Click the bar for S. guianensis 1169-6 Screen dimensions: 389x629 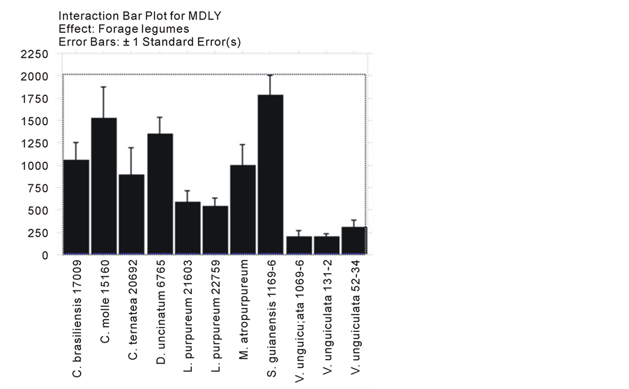(x=271, y=175)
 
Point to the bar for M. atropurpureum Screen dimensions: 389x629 (x=243, y=210)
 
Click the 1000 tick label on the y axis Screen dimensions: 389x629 (x=34, y=166)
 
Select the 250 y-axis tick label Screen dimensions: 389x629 (x=38, y=233)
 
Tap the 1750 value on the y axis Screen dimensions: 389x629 (x=34, y=98)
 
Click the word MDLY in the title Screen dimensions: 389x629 (x=174, y=15)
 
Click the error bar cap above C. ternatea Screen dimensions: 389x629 (x=132, y=148)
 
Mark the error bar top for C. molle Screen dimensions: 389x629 (x=104, y=87)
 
